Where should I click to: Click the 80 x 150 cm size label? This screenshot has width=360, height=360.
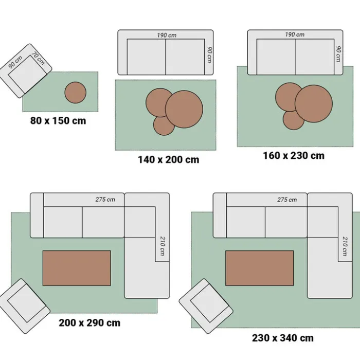tap(58, 121)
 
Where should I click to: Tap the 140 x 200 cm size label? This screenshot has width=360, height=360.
tap(169, 160)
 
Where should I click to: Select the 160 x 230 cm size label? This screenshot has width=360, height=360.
tap(294, 156)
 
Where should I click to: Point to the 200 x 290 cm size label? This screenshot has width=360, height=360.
tap(89, 323)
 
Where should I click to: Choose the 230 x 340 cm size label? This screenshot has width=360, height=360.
tap(283, 338)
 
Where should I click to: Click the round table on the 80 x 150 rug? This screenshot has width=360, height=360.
tap(75, 93)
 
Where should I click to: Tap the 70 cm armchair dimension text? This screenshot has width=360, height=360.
tap(39, 59)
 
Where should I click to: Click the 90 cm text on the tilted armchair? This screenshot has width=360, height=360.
tap(15, 62)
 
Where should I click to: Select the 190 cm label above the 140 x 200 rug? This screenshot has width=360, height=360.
tap(167, 35)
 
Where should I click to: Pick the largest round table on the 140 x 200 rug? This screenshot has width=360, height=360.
tap(184, 109)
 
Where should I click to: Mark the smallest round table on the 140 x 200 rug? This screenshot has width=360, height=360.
tap(164, 125)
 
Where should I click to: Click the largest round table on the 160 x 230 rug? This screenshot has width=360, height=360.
tap(314, 104)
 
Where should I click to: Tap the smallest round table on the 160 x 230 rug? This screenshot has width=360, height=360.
tap(294, 120)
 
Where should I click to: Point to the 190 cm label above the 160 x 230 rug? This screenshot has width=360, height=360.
tap(295, 34)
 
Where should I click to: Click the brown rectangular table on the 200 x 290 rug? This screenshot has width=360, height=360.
tap(77, 268)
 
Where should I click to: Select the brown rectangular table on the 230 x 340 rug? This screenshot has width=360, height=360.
tap(259, 268)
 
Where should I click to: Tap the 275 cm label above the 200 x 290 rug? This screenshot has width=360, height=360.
tap(105, 200)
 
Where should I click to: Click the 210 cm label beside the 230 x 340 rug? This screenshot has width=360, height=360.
tap(345, 246)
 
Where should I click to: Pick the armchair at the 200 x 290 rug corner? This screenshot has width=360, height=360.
tap(24, 306)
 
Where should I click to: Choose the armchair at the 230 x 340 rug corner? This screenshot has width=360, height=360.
tap(206, 306)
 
